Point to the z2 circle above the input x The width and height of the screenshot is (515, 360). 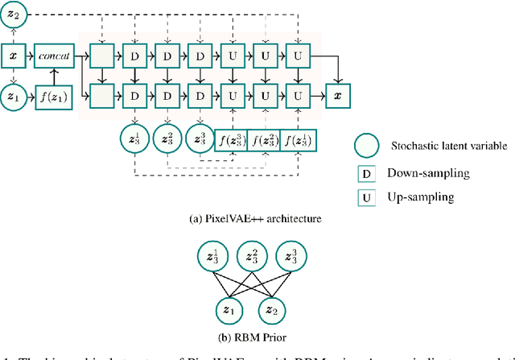(12, 14)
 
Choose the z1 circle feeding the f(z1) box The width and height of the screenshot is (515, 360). (12, 97)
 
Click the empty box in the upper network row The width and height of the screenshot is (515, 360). (102, 56)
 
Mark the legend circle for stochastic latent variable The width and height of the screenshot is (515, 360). (365, 145)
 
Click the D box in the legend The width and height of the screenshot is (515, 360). (365, 172)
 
